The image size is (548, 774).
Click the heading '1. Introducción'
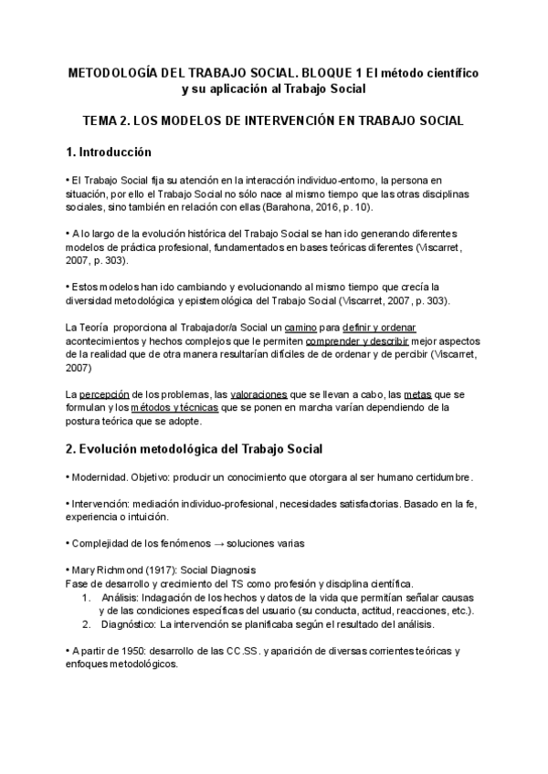(109, 152)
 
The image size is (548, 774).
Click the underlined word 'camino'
(302, 327)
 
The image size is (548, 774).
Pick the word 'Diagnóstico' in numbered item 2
(128, 625)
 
